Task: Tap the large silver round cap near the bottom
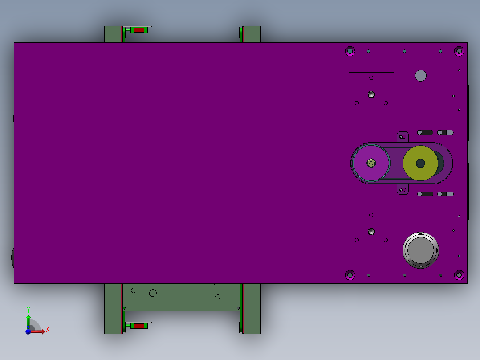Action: (x=421, y=250)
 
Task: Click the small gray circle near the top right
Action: (x=421, y=76)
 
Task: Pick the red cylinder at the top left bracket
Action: (x=139, y=30)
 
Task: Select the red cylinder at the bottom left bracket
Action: (x=139, y=326)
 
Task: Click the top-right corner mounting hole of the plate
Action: (x=459, y=51)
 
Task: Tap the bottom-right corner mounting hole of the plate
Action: (x=459, y=275)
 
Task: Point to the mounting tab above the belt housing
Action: (x=403, y=136)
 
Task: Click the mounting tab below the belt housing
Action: (x=403, y=190)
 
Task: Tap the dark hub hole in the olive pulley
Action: (x=420, y=163)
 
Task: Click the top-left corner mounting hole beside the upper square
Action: (x=350, y=51)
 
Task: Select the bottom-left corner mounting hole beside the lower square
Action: (x=350, y=275)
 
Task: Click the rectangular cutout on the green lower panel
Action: (x=189, y=293)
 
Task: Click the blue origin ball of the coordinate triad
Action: (x=28, y=331)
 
